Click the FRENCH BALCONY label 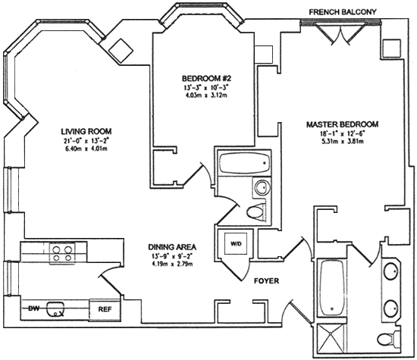point(343,12)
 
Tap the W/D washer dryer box point(236,243)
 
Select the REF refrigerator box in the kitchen point(105,309)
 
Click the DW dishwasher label point(34,308)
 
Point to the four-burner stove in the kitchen point(62,253)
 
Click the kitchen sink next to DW point(55,309)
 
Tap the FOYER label point(266,280)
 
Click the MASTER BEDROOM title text point(343,124)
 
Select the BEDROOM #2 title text point(207,78)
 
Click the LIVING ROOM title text point(86,131)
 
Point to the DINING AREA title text point(172,247)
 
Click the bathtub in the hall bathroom point(244,163)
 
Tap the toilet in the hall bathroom point(256,212)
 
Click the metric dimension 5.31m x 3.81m point(343,141)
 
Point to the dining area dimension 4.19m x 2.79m point(172,264)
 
